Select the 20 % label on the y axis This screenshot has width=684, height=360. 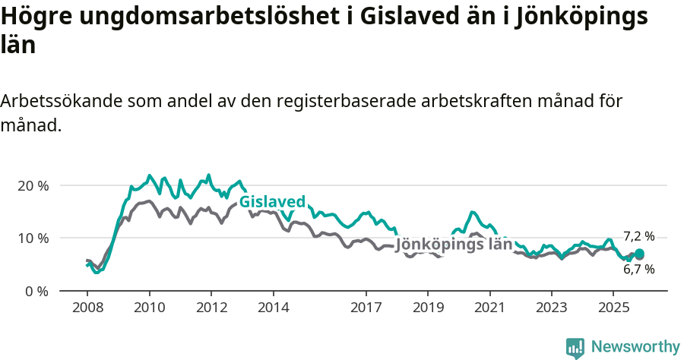(x=33, y=185)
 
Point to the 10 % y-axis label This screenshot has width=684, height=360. (x=33, y=238)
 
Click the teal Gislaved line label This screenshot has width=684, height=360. (x=272, y=201)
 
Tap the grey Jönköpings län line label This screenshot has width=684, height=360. (x=454, y=245)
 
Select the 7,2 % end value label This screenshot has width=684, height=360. (x=638, y=236)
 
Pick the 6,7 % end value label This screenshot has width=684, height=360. (x=638, y=269)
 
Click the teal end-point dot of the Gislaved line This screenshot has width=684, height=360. (x=639, y=254)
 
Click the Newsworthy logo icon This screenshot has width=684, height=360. (x=575, y=347)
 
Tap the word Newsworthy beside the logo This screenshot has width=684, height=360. (x=635, y=347)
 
